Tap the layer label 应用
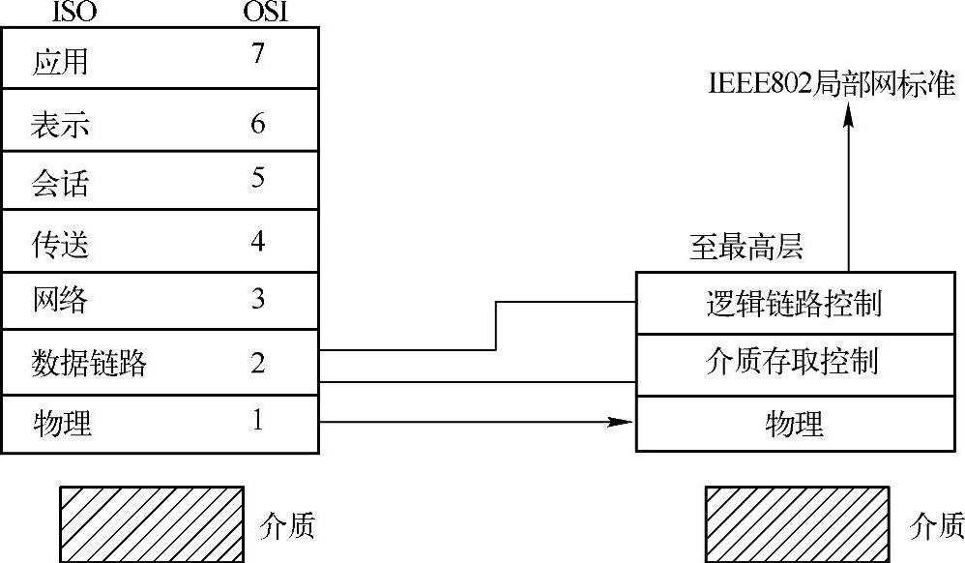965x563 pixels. point(60,63)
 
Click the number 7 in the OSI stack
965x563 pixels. point(256,55)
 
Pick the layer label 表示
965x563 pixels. point(60,126)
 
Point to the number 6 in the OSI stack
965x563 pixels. point(257,124)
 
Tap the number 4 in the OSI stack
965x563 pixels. point(257,240)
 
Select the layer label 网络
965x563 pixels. point(60,300)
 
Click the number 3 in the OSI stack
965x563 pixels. point(257,298)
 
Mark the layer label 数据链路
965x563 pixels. point(89,364)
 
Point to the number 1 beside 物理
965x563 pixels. point(257,420)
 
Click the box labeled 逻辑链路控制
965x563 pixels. point(793,304)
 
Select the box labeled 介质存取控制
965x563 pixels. point(793,363)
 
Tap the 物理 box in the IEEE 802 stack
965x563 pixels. point(793,423)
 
